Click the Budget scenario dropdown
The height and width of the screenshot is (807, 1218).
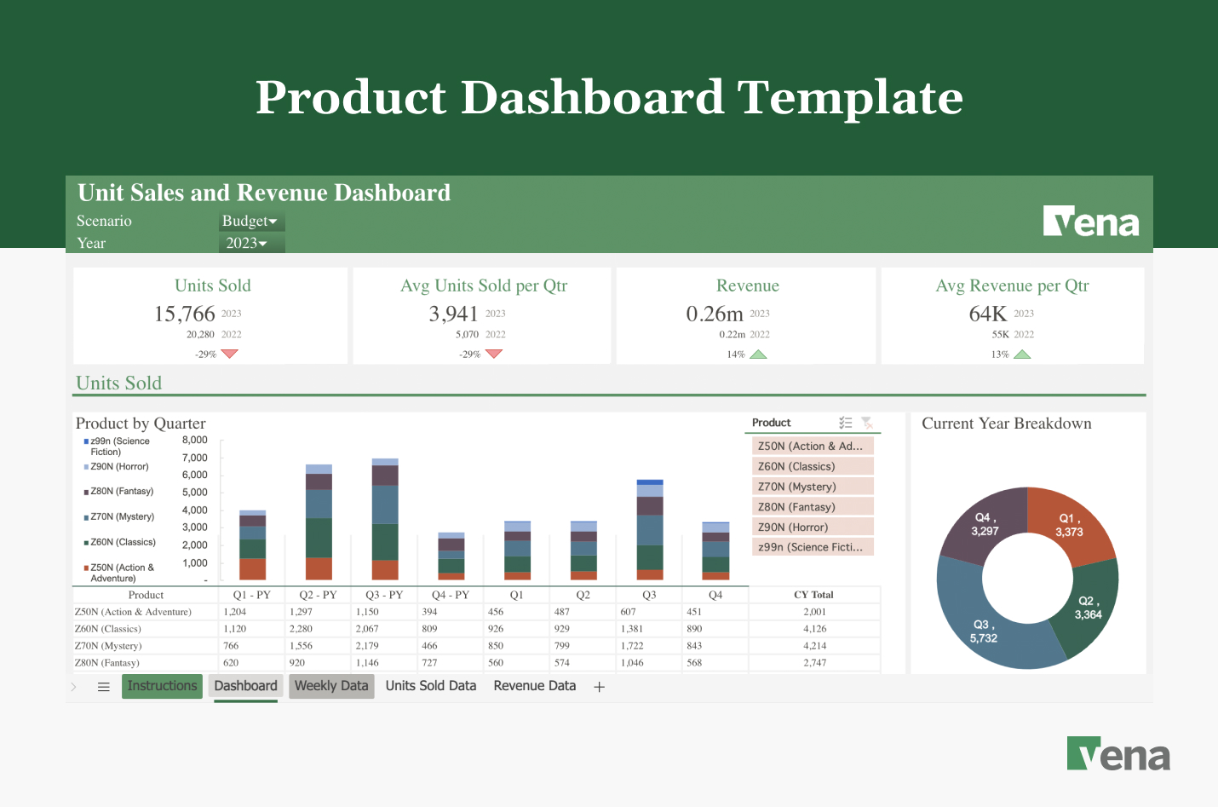(250, 222)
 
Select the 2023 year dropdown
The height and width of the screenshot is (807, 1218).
(247, 244)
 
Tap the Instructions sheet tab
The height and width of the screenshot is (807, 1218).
(162, 686)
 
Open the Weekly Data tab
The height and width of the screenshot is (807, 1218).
(331, 686)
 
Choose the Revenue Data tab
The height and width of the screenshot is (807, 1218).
(534, 686)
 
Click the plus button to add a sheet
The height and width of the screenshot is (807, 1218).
(600, 687)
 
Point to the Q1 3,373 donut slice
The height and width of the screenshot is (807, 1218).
(1071, 524)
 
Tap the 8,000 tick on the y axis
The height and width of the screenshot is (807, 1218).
(195, 441)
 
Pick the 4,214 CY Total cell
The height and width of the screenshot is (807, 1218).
(814, 646)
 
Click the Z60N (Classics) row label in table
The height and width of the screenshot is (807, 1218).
(108, 629)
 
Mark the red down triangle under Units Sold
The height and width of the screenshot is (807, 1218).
(229, 354)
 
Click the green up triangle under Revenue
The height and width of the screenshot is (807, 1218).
(758, 354)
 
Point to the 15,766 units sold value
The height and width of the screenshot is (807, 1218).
(185, 314)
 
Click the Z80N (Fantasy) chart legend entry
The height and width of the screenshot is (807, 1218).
(122, 492)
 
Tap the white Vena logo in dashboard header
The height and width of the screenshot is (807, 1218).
(1091, 222)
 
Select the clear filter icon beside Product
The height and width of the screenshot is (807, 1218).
(867, 423)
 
